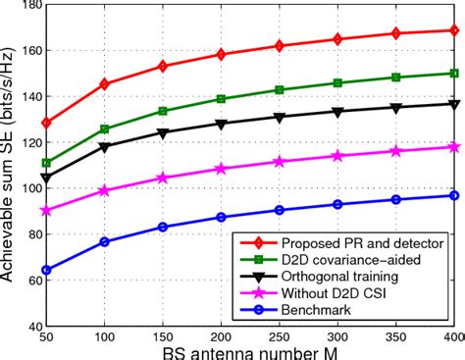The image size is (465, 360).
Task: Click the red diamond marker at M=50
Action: (45, 123)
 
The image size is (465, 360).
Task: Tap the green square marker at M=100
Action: (104, 129)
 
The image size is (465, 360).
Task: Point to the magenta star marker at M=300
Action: (336, 156)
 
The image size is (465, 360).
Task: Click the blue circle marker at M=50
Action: (45, 270)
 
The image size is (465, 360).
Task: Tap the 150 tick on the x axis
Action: (162, 338)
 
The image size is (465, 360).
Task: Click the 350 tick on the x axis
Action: (394, 338)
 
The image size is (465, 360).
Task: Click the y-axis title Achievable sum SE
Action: (9, 167)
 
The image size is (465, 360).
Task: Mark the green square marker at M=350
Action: (394, 77)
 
